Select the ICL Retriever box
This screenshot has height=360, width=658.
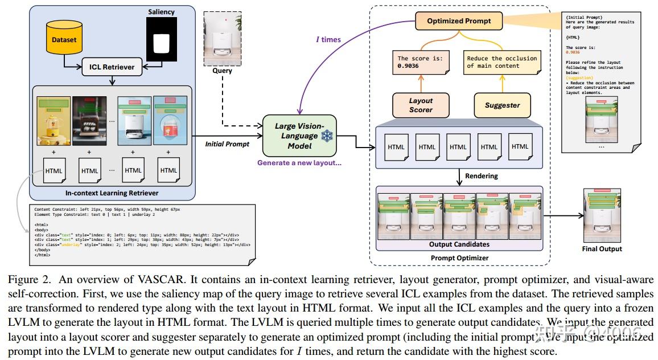pyautogui.click(x=111, y=67)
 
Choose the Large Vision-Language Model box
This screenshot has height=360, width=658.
pyautogui.click(x=299, y=136)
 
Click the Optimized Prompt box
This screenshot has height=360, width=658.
pyautogui.click(x=459, y=22)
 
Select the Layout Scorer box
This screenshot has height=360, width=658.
pyautogui.click(x=421, y=105)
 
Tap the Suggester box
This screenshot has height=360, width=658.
pyautogui.click(x=502, y=105)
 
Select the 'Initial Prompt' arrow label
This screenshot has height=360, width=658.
pyautogui.click(x=227, y=144)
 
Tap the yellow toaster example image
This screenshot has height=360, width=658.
pyautogui.click(x=52, y=121)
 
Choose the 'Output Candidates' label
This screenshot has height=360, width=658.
pyautogui.click(x=459, y=244)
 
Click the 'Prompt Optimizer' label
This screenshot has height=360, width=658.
pyautogui.click(x=459, y=257)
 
